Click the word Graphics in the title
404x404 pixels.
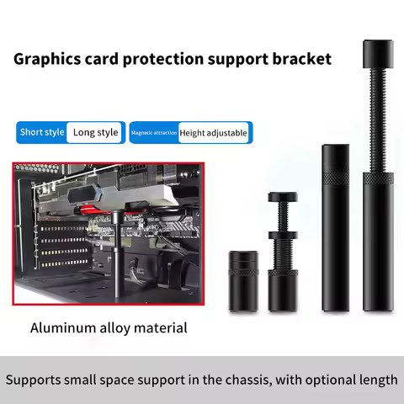pos(47,60)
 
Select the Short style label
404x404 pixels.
pos(42,132)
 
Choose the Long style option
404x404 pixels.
pos(95,132)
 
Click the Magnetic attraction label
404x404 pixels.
pos(153,133)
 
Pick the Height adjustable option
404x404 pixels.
pos(214,133)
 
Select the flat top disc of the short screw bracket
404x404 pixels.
pos(282,198)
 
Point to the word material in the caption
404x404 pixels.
pos(159,327)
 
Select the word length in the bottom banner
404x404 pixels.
pos(375,380)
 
